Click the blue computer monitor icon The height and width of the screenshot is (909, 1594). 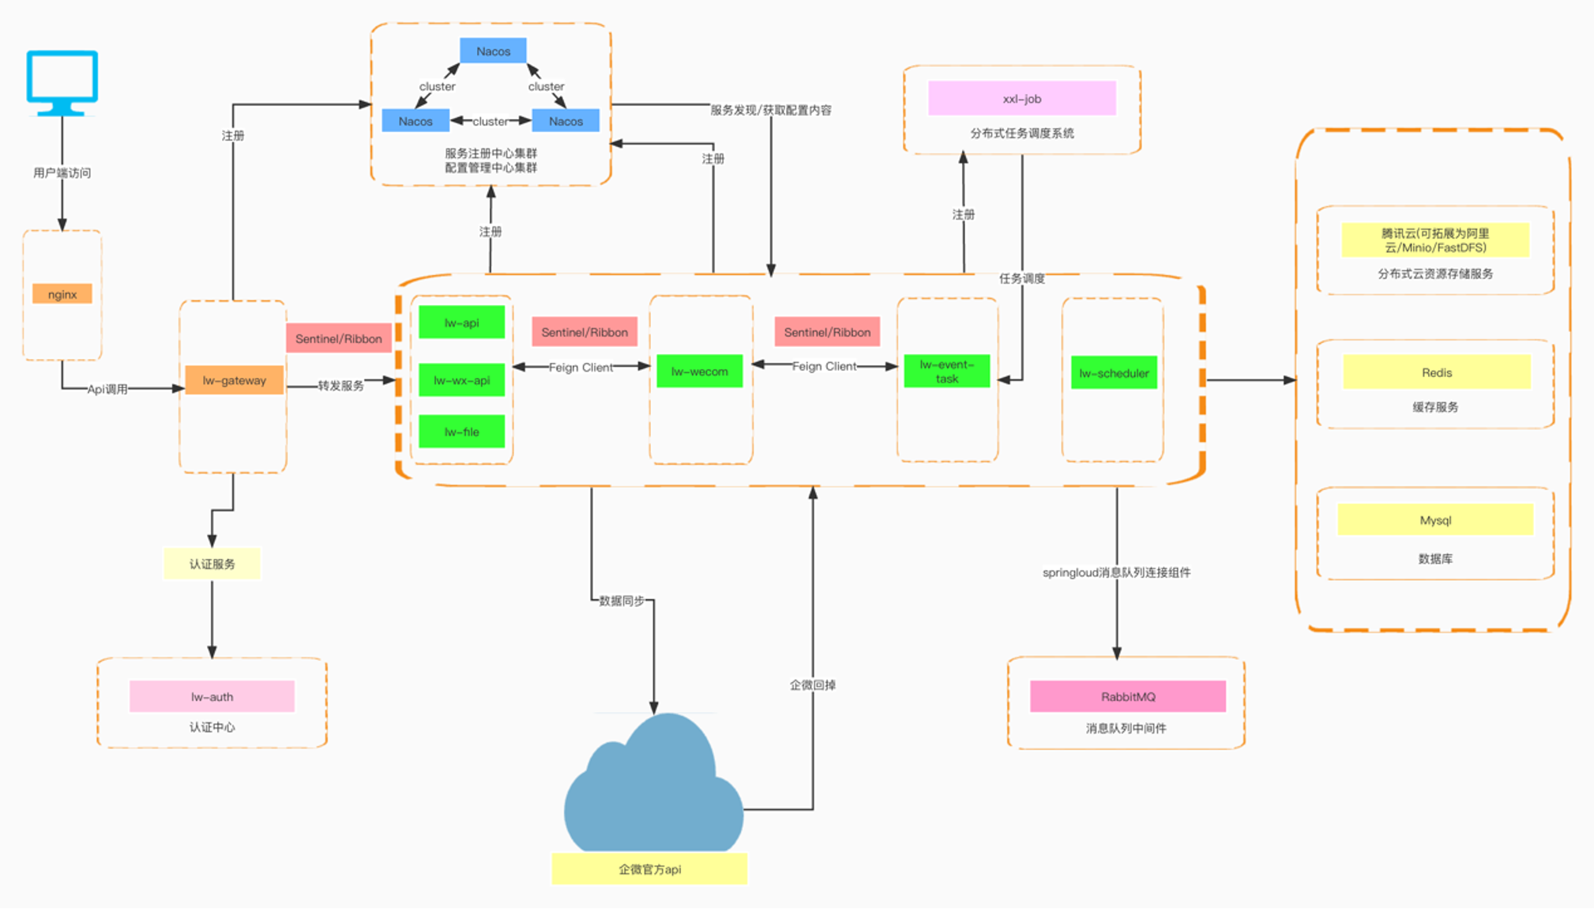tap(62, 81)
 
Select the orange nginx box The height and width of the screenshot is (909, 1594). tap(62, 294)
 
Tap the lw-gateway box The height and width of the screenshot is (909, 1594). tap(234, 380)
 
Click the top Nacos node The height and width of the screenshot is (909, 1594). tap(493, 51)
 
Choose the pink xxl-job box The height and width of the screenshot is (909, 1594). tap(1021, 99)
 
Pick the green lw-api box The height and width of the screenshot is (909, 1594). tap(461, 322)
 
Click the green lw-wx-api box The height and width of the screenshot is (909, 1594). tap(461, 380)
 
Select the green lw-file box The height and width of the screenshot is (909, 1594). tap(461, 432)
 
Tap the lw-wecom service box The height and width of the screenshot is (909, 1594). tap(699, 372)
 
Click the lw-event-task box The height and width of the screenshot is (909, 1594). tap(946, 372)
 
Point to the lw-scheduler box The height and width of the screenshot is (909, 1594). tap(1114, 373)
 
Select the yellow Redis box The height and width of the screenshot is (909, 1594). tap(1436, 372)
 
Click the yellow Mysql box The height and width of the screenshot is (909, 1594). tap(1435, 520)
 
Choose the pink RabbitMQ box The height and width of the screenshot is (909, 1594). tap(1127, 696)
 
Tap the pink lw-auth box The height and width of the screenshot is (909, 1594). tap(212, 696)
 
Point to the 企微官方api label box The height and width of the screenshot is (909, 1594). tap(649, 869)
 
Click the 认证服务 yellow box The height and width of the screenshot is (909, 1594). tap(212, 564)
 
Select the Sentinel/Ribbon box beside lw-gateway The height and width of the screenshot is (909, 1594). tap(339, 338)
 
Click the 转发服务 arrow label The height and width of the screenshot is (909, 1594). tap(340, 386)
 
